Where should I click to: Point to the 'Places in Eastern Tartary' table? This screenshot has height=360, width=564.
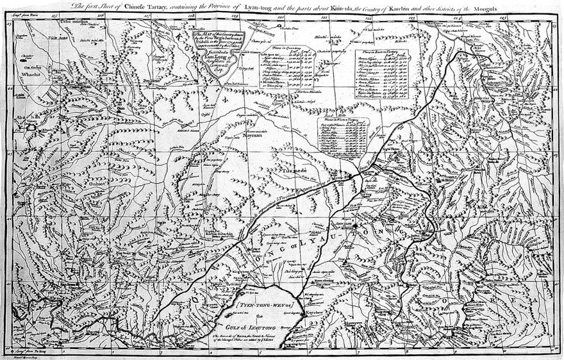tap(382, 74)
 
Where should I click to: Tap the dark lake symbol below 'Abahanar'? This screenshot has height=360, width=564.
tap(29, 128)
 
